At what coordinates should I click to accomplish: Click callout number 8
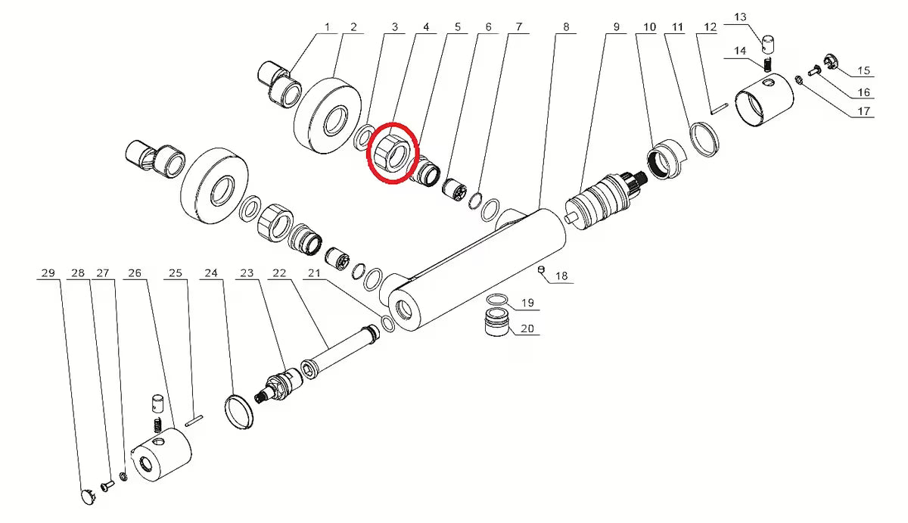click(566, 27)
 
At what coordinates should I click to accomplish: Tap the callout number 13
click(740, 17)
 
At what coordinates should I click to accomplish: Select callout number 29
click(48, 272)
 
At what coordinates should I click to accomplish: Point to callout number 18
click(561, 276)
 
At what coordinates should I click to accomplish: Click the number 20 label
click(527, 328)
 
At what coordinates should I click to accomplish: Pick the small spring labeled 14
click(767, 65)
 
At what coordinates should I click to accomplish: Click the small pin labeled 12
click(720, 109)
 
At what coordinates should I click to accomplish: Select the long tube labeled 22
click(340, 352)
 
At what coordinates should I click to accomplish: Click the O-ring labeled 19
click(497, 299)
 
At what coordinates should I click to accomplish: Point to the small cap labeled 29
click(88, 497)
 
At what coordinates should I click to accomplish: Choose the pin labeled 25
click(194, 420)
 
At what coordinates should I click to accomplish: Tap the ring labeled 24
click(239, 412)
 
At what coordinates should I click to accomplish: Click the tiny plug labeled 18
click(540, 269)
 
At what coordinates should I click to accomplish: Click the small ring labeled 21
click(388, 323)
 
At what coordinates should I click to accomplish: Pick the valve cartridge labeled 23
click(278, 385)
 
